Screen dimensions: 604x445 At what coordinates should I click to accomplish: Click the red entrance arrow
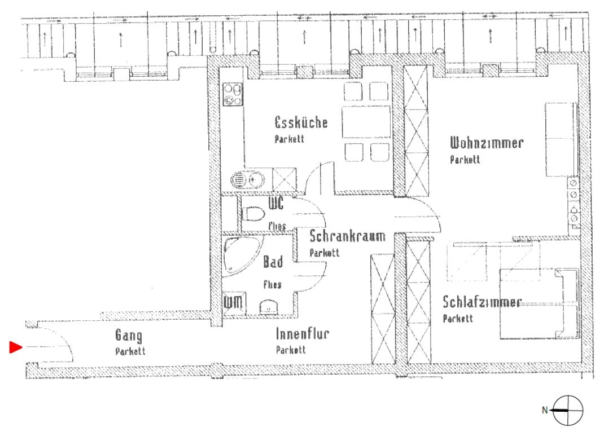pyautogui.click(x=15, y=347)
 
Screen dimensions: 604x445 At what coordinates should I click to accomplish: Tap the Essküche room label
pyautogui.click(x=301, y=122)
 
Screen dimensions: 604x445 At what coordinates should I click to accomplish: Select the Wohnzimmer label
pyautogui.click(x=487, y=143)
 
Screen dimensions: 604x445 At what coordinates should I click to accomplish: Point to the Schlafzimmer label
pyautogui.click(x=482, y=302)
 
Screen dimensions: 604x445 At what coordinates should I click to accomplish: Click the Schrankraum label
pyautogui.click(x=348, y=236)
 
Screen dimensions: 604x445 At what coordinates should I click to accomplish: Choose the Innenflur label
pyautogui.click(x=303, y=334)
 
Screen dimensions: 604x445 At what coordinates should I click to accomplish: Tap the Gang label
pyautogui.click(x=129, y=335)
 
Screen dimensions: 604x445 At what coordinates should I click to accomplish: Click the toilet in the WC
pyautogui.click(x=252, y=214)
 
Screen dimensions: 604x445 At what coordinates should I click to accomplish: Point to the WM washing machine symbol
pyautogui.click(x=234, y=303)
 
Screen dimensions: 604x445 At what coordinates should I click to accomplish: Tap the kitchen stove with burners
pyautogui.click(x=233, y=94)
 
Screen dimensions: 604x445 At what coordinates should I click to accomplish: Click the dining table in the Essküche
pyautogui.click(x=366, y=122)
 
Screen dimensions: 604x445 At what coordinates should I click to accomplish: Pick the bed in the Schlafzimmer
pyautogui.click(x=539, y=304)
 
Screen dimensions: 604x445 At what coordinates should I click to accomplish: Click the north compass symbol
pyautogui.click(x=568, y=411)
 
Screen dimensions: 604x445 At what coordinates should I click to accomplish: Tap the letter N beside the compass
pyautogui.click(x=545, y=411)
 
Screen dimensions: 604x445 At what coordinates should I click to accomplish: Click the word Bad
pyautogui.click(x=273, y=262)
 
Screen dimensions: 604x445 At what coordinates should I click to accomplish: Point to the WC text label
pyautogui.click(x=276, y=203)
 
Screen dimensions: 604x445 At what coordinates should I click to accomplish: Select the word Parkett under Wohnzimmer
pyautogui.click(x=465, y=160)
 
